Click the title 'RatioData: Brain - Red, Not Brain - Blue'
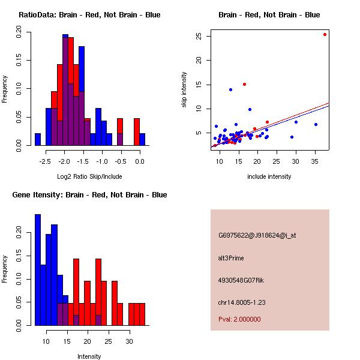tap(89, 14)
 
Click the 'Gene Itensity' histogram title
tap(89, 195)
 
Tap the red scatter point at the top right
tap(325, 34)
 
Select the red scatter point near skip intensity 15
tap(244, 84)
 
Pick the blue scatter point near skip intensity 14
tap(230, 89)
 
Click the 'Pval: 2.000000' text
tap(239, 319)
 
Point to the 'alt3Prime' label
tap(231, 258)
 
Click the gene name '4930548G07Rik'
tap(240, 280)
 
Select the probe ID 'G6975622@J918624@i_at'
tap(257, 235)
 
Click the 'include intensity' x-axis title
tap(269, 176)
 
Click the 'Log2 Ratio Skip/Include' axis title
tap(89, 176)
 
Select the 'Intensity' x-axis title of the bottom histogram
tap(89, 356)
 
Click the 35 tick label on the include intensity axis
tap(315, 161)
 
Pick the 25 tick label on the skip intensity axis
tap(198, 36)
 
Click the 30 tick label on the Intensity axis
tap(128, 341)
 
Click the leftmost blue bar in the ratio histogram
tap(38, 139)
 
